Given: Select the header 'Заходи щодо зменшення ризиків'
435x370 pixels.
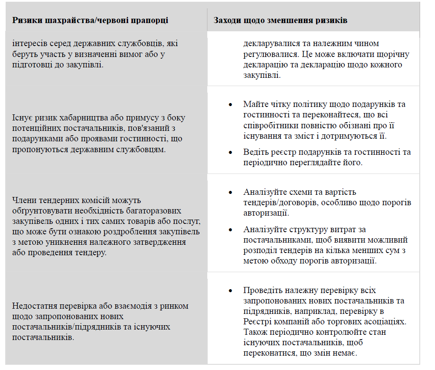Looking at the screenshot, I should (280, 20).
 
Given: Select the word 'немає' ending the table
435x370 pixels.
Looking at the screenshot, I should (344, 353).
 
